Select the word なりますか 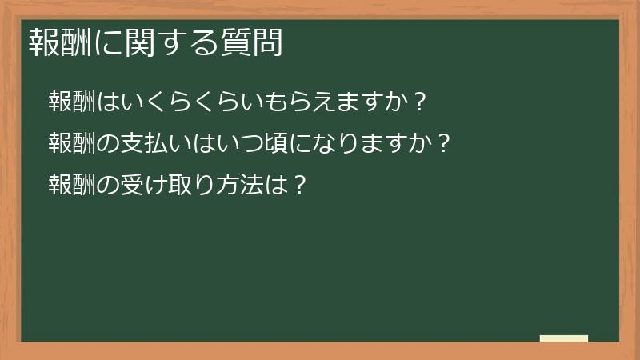pos(369,144)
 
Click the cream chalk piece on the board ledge pos(564,338)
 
